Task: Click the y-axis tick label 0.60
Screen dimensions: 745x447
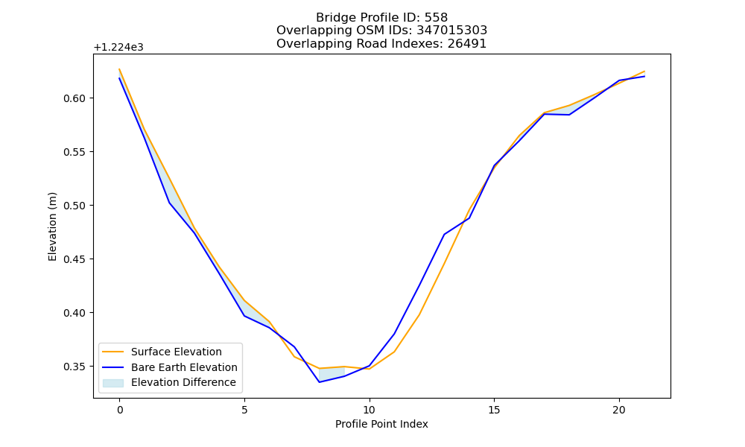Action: tap(74, 98)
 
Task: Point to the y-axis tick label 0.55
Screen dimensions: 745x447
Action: tap(74, 152)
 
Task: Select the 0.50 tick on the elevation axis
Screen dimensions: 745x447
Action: tap(74, 206)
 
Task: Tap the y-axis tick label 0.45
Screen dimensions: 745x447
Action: tap(74, 259)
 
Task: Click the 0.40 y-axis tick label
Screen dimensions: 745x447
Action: tap(74, 313)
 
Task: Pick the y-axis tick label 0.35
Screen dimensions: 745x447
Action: tap(74, 367)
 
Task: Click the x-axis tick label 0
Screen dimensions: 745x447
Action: tap(120, 410)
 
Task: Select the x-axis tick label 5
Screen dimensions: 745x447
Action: tap(244, 410)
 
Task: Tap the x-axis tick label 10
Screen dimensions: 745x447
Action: tap(370, 410)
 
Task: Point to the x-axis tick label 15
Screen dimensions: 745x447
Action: tap(494, 410)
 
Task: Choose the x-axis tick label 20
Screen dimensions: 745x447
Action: tap(619, 410)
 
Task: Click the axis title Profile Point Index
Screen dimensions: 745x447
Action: tap(381, 424)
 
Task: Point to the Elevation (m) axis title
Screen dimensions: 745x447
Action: tap(52, 226)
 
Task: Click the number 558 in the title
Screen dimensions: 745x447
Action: tap(436, 18)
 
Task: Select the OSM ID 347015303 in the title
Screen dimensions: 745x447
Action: tap(452, 31)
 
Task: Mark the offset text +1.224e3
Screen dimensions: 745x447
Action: tap(118, 48)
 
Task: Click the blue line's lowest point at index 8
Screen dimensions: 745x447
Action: tap(320, 382)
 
